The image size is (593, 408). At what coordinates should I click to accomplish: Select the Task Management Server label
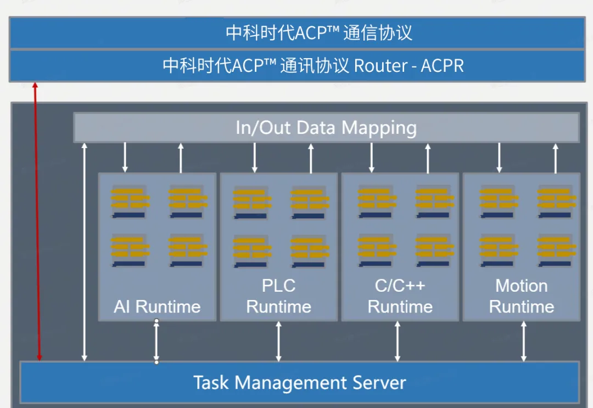point(299,382)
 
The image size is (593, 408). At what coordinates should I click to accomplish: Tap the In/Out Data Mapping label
point(326,128)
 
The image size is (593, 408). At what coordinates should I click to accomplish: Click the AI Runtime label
point(157,306)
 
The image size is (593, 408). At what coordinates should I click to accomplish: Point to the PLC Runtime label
point(278,296)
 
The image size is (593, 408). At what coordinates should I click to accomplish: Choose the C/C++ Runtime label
point(400,296)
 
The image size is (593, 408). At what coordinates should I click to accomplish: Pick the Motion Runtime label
point(521,296)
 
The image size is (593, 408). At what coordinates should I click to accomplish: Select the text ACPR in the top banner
point(442,66)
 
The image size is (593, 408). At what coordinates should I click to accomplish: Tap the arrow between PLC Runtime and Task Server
point(279,341)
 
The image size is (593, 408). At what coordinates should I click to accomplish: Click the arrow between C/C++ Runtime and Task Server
point(398,341)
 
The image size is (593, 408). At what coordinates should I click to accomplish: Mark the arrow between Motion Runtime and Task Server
point(524,341)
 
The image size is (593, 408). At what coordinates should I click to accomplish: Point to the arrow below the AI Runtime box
point(156,341)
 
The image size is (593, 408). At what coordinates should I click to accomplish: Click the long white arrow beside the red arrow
point(84,252)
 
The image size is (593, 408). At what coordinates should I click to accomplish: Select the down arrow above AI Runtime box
point(125,157)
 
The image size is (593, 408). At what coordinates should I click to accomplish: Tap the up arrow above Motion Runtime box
point(555,157)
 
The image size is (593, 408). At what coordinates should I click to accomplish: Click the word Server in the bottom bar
point(379,382)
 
